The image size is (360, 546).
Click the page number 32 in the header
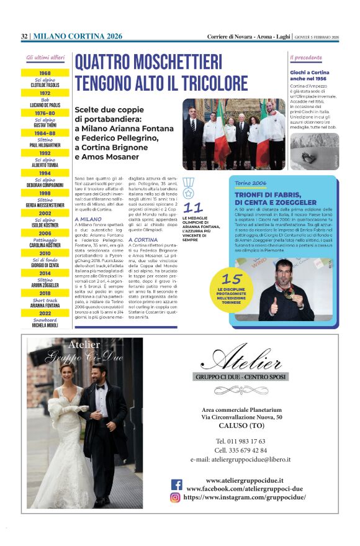(x=24, y=37)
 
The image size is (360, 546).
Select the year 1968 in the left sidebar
(x=45, y=73)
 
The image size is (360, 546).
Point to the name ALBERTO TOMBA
(x=45, y=166)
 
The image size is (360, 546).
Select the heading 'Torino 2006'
(x=250, y=184)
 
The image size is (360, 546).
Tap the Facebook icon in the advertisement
(x=177, y=485)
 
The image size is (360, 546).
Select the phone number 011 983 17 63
(x=241, y=441)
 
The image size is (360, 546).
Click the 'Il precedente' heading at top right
(x=307, y=58)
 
